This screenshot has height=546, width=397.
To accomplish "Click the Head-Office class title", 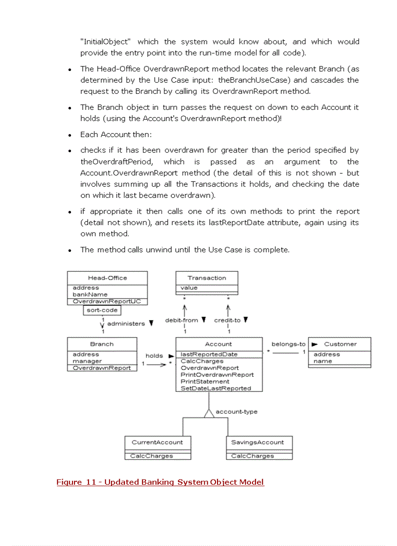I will click(107, 278).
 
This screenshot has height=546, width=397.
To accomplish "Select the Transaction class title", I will click(207, 278).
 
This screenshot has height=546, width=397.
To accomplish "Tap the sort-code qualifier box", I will click(102, 310).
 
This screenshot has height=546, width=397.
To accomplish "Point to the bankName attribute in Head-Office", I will click(90, 294).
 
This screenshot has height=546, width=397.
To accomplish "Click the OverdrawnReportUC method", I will click(107, 301).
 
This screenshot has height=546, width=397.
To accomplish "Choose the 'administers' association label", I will click(126, 323).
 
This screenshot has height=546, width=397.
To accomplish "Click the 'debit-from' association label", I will click(181, 320).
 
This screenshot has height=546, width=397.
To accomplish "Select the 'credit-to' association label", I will click(227, 320).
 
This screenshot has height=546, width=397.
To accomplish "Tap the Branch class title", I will click(102, 344).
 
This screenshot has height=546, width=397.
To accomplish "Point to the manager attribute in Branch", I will click(87, 361).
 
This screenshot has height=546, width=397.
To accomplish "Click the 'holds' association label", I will click(154, 356).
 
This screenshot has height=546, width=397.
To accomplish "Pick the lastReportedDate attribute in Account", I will click(209, 354).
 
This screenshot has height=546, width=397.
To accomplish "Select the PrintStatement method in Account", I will click(205, 382).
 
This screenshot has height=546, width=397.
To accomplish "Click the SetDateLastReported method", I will click(216, 388).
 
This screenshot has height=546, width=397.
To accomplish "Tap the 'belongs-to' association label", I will click(289, 344).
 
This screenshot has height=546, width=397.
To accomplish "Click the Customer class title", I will click(340, 344).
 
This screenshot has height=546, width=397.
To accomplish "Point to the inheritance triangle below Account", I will click(209, 413).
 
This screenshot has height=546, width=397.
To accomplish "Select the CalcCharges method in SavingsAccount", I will click(253, 456).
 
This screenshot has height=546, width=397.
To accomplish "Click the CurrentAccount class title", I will click(157, 442).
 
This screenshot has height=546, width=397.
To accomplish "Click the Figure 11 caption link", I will click(160, 482).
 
